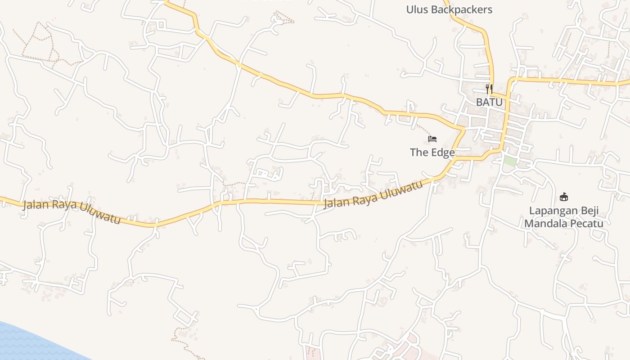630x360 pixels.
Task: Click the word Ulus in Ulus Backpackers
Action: click(418, 9)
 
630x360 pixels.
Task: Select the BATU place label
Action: click(489, 102)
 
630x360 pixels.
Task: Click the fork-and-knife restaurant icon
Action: click(489, 89)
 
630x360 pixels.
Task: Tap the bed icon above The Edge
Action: click(432, 139)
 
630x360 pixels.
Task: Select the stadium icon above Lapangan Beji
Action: click(563, 197)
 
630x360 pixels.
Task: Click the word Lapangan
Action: click(551, 211)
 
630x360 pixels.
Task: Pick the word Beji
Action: click(588, 211)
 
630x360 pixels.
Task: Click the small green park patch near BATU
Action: click(509, 161)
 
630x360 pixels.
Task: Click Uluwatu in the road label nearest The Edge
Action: click(401, 192)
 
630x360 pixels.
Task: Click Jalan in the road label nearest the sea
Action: click(35, 204)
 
